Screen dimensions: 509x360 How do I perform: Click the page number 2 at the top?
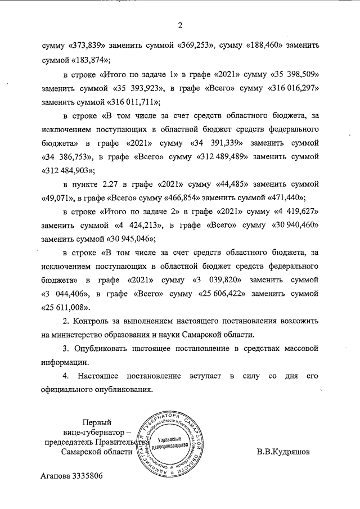pos(181,25)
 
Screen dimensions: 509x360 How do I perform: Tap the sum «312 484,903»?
pos(68,169)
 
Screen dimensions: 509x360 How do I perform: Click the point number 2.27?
pos(112,183)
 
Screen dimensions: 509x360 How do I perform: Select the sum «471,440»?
pos(285,198)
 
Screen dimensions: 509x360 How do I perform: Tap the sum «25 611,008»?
pos(66,308)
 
